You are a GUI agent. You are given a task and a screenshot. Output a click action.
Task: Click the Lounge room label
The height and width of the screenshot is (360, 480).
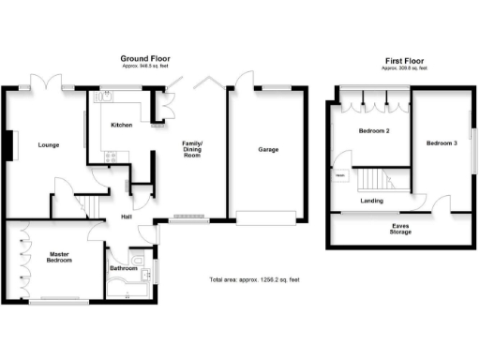click(49, 145)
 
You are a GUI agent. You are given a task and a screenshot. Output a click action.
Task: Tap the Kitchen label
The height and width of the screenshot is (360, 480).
click(122, 125)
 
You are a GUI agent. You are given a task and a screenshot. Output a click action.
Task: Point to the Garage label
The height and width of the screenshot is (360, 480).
click(268, 150)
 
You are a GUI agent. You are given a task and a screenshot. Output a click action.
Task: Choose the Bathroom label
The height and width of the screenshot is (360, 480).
click(124, 269)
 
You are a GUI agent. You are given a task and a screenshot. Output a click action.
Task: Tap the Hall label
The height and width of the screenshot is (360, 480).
click(126, 218)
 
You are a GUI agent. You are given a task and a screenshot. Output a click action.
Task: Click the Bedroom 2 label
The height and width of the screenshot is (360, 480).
click(374, 131)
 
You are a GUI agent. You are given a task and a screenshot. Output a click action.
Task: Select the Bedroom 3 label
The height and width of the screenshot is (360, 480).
click(442, 143)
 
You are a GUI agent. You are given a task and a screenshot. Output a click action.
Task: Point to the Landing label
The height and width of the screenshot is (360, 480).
click(372, 200)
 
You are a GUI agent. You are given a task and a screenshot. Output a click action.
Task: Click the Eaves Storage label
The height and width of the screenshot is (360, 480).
click(406, 230)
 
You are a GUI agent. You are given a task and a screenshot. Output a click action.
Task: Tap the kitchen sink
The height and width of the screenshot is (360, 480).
click(107, 95)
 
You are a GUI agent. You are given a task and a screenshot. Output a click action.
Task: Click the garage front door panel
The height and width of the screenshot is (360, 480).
click(267, 218)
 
